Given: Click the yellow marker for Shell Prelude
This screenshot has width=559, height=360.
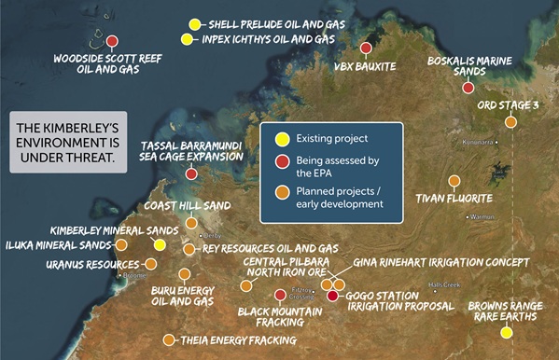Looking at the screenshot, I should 194,24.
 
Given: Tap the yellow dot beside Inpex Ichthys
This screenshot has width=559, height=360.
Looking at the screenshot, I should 188,39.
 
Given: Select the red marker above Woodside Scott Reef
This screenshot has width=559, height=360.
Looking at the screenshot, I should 112,41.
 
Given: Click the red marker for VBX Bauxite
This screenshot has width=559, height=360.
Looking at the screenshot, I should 366,48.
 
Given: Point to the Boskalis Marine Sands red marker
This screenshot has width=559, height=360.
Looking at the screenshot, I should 468,88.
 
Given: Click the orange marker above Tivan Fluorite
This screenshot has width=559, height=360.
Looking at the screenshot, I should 454,181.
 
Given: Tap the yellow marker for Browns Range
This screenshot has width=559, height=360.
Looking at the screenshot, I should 507,332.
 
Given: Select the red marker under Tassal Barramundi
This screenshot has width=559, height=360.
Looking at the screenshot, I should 191,173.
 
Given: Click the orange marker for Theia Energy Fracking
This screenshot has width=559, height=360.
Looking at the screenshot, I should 169,339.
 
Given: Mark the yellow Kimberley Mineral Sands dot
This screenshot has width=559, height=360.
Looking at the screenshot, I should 160,244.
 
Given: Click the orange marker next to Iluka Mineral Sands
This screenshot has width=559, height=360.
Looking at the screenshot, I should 121,244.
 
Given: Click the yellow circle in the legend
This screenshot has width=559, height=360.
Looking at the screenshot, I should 279,139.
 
